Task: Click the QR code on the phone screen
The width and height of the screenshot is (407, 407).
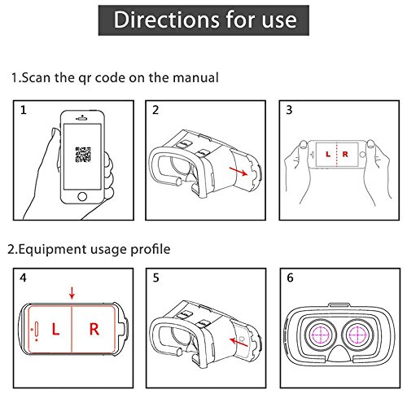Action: pyautogui.click(x=83, y=155)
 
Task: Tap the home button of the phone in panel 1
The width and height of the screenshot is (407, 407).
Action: pyautogui.click(x=82, y=196)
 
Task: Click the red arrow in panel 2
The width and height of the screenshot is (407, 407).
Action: pyautogui.click(x=239, y=172)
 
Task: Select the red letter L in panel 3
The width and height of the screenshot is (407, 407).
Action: pyautogui.click(x=328, y=154)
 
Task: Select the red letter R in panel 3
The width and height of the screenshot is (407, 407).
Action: pyautogui.click(x=345, y=154)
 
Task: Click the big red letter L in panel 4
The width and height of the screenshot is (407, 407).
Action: pyautogui.click(x=55, y=329)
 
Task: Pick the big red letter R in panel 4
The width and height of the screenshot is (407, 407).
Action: pyautogui.click(x=94, y=329)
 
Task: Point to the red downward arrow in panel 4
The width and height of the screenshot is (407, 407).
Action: pyautogui.click(x=72, y=293)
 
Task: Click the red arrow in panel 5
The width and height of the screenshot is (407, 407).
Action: pyautogui.click(x=239, y=342)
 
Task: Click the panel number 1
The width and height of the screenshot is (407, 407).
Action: pyautogui.click(x=24, y=110)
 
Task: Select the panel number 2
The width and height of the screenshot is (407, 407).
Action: pyautogui.click(x=155, y=110)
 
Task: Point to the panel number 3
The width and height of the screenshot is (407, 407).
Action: pyautogui.click(x=289, y=110)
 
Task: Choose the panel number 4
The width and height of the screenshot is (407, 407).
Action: pyautogui.click(x=23, y=278)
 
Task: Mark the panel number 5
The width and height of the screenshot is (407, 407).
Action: pyautogui.click(x=155, y=278)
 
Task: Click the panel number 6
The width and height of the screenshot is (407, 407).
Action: pyautogui.click(x=290, y=278)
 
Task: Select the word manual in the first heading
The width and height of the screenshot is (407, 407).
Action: pyautogui.click(x=195, y=77)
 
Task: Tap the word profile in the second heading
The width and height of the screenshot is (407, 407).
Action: pyautogui.click(x=151, y=249)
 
